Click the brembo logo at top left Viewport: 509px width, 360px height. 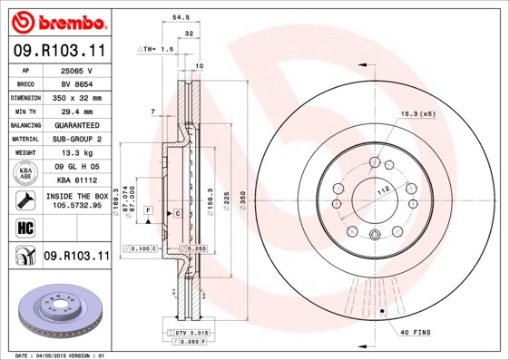pos(55,21)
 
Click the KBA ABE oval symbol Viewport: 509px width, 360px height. pos(26,173)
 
